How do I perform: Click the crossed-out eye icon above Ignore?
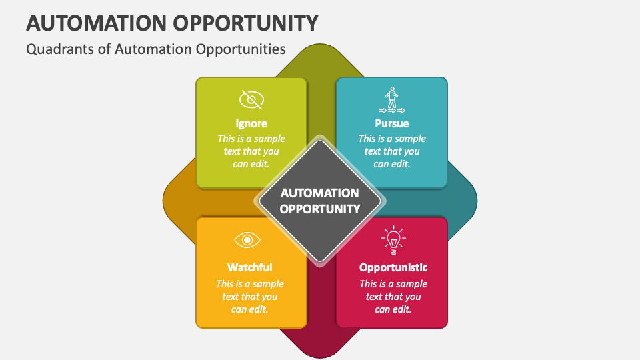click(251, 100)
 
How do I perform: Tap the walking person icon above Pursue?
click(391, 100)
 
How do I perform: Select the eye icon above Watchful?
click(247, 239)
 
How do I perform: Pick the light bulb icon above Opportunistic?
click(393, 239)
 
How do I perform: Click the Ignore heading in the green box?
click(251, 123)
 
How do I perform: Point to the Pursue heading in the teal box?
click(392, 123)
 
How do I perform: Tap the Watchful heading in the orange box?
click(250, 267)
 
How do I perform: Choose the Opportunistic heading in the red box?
click(393, 267)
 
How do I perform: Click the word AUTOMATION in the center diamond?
click(320, 193)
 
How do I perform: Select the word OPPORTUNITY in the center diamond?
click(320, 209)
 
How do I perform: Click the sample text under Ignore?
click(251, 151)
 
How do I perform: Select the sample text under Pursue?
click(392, 151)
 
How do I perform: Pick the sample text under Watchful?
click(250, 297)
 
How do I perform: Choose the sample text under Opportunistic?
click(393, 297)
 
